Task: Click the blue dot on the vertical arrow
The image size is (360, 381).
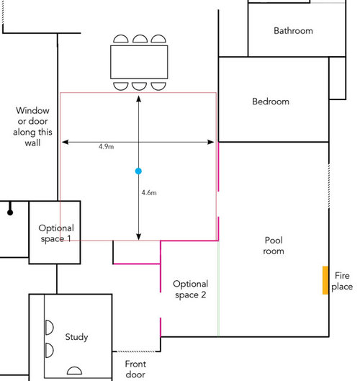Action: point(138,171)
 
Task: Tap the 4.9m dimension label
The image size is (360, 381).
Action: point(106,146)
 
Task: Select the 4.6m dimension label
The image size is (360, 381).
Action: point(149,193)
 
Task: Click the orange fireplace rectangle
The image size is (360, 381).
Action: point(325,280)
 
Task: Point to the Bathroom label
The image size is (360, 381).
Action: point(293,31)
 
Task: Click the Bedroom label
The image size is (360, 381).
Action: point(271,102)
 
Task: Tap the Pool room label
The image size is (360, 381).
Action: point(274,246)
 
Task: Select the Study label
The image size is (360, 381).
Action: point(76,337)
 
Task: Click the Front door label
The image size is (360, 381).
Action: point(135,369)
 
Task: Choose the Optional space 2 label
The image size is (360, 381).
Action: point(191,289)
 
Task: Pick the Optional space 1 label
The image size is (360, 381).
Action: point(56,233)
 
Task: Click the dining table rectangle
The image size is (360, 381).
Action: point(139,62)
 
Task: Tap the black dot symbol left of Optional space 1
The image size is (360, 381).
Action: point(10,212)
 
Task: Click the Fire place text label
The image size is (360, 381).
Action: point(342,281)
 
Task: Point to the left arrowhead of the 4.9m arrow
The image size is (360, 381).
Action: point(65,142)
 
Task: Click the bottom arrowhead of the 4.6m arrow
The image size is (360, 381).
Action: point(138,237)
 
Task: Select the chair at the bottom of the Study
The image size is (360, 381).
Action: point(74,370)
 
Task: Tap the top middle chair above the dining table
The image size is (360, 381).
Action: point(140,39)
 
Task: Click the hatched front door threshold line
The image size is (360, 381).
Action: point(134,351)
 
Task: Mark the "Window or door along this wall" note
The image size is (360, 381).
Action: point(32,127)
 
